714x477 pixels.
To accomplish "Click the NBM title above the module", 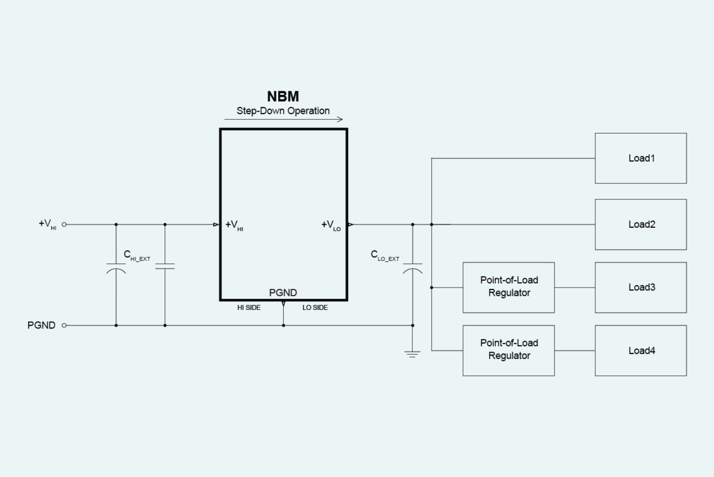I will point(283,96).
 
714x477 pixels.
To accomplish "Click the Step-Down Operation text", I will point(283,111).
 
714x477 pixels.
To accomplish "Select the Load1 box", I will point(641,158).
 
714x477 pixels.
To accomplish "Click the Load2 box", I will point(641,224).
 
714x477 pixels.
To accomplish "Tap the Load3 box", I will point(641,287).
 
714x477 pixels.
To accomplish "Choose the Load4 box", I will point(641,350).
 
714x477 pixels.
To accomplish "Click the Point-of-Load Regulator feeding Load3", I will point(508,287).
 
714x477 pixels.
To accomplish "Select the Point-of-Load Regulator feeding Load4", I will point(508,350).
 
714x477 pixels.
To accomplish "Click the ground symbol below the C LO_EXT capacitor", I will point(412,354).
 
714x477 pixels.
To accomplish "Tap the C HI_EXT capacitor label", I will point(137,255).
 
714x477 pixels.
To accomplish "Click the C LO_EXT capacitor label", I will point(385,255).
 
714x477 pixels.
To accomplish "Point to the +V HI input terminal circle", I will point(64,224).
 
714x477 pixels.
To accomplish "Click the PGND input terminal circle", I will point(64,325).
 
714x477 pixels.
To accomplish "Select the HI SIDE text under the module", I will point(249,308).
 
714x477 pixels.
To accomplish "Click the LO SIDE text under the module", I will point(315,308).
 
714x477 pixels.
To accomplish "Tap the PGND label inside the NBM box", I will point(283,293).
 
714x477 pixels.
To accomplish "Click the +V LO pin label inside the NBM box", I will point(331,225).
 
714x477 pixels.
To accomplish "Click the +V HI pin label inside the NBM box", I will point(235,225).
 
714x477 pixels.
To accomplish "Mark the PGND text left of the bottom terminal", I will point(42,325).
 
